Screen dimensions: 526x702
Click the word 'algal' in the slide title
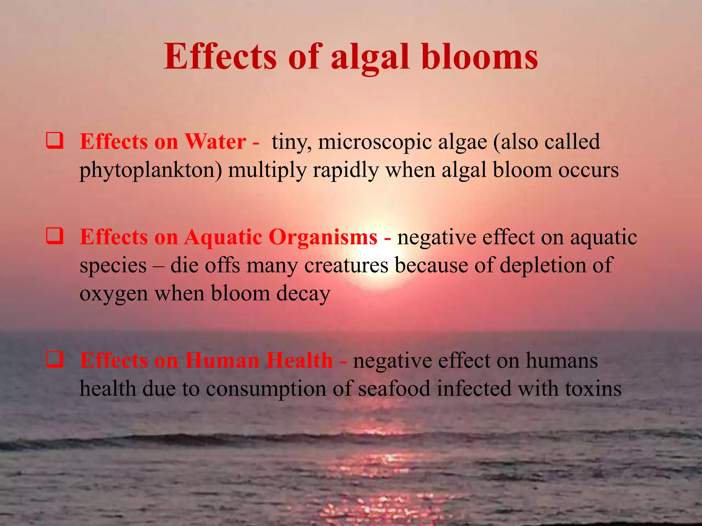(x=370, y=58)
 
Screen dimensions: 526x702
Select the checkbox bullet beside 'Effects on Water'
(x=55, y=141)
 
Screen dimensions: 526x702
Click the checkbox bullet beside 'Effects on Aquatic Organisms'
(x=55, y=236)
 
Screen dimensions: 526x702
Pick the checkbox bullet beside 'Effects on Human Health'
(x=55, y=360)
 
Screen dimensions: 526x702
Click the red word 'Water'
(x=215, y=141)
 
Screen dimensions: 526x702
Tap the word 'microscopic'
(x=375, y=142)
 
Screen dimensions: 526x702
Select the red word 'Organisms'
(x=323, y=237)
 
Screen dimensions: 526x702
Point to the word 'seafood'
(x=394, y=389)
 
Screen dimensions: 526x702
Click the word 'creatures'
(x=346, y=265)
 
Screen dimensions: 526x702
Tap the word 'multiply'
(x=267, y=170)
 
